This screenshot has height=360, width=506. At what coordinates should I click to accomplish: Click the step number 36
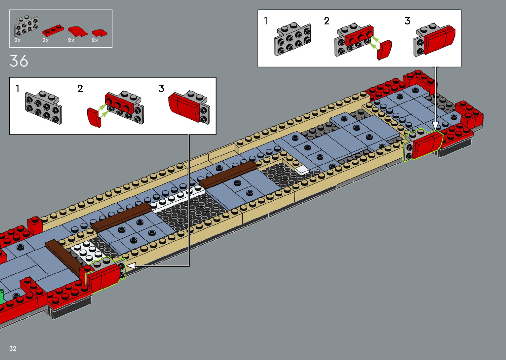point(19,61)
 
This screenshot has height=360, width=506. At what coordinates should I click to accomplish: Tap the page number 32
point(13,348)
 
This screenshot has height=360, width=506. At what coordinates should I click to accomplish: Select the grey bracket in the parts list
point(26,26)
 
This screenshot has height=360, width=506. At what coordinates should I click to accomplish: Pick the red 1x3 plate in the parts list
point(53,31)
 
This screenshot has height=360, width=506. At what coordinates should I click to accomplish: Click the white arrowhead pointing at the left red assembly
point(131,265)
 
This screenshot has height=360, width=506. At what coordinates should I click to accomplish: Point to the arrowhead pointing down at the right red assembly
point(435,126)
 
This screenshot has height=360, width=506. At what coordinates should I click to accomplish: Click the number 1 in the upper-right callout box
point(266,21)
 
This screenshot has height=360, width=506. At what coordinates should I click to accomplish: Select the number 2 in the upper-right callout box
point(327,21)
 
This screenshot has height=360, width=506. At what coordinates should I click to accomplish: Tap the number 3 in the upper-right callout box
point(408,21)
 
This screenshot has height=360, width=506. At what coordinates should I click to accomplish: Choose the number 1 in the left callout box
point(18,89)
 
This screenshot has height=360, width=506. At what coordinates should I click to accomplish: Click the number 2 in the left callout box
point(80,89)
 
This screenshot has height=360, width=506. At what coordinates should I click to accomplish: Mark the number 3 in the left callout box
point(161,89)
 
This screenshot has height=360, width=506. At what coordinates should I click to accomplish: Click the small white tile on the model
point(302,170)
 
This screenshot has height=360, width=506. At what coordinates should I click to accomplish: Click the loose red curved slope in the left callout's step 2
point(94,117)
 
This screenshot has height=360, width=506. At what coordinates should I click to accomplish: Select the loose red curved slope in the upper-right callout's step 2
point(384,50)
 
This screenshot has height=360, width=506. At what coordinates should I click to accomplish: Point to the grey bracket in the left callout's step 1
point(43,108)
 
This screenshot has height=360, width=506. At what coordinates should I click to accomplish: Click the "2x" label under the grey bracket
point(18,40)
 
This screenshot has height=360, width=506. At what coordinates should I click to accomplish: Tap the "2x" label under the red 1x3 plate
point(46,40)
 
